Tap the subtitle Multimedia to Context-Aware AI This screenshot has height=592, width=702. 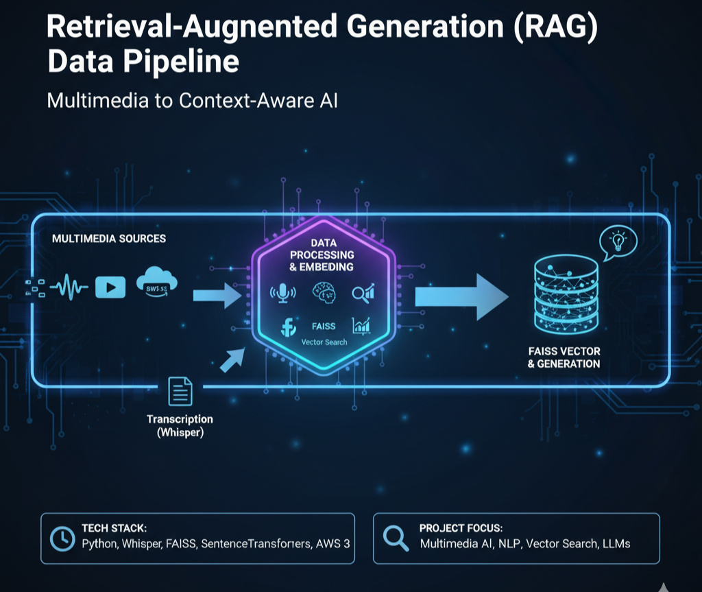[x=193, y=100]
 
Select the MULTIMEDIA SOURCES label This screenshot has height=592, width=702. [x=108, y=239]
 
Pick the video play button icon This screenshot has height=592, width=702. [x=110, y=288]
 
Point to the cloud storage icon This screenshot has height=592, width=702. [x=157, y=283]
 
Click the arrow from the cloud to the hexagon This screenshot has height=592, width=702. [x=215, y=295]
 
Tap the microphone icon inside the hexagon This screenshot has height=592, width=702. [x=282, y=293]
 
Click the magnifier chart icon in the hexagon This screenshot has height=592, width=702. [x=363, y=293]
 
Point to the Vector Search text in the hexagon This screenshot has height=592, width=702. [x=324, y=342]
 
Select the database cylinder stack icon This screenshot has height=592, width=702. [x=565, y=296]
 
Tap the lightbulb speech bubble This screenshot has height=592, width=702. [x=618, y=241]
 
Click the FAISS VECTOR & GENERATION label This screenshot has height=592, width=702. [x=564, y=357]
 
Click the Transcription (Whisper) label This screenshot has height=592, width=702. [x=180, y=426]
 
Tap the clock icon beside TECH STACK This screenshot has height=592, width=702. [x=62, y=539]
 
